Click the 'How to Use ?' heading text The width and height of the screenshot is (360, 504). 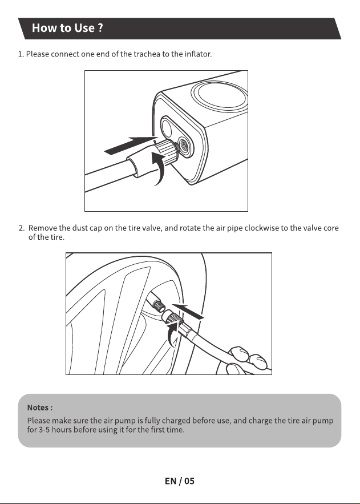point(67,28)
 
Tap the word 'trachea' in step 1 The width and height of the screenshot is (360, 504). point(147,54)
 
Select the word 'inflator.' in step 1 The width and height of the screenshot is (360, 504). point(198,54)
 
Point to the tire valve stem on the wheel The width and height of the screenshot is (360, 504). point(155,303)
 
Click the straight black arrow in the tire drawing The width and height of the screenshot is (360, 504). point(188,311)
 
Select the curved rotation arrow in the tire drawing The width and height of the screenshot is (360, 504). point(172,334)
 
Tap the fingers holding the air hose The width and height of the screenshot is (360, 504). point(246,360)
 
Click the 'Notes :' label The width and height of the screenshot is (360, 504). point(40,408)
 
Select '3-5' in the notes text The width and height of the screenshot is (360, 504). point(44,430)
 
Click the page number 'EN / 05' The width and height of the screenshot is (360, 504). point(180,481)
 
